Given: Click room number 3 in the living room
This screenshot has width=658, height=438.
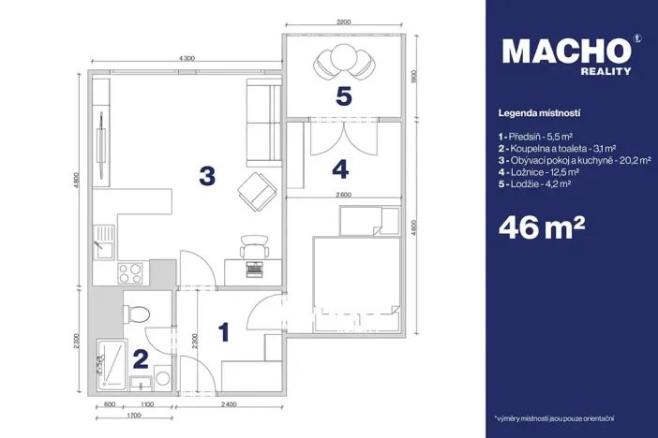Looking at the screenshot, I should (207, 174).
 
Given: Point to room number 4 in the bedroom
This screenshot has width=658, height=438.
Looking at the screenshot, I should (340, 169).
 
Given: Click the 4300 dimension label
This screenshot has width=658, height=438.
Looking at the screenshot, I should (185, 59).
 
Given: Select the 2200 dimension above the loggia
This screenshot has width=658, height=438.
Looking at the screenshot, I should (344, 22).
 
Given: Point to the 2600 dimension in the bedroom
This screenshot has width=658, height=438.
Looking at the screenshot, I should (343, 195).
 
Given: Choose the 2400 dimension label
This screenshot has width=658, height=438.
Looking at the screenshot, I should (230, 403).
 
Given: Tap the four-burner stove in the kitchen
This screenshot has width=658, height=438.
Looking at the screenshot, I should (129, 273).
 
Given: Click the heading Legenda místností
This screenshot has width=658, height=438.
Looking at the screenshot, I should (540, 112).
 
